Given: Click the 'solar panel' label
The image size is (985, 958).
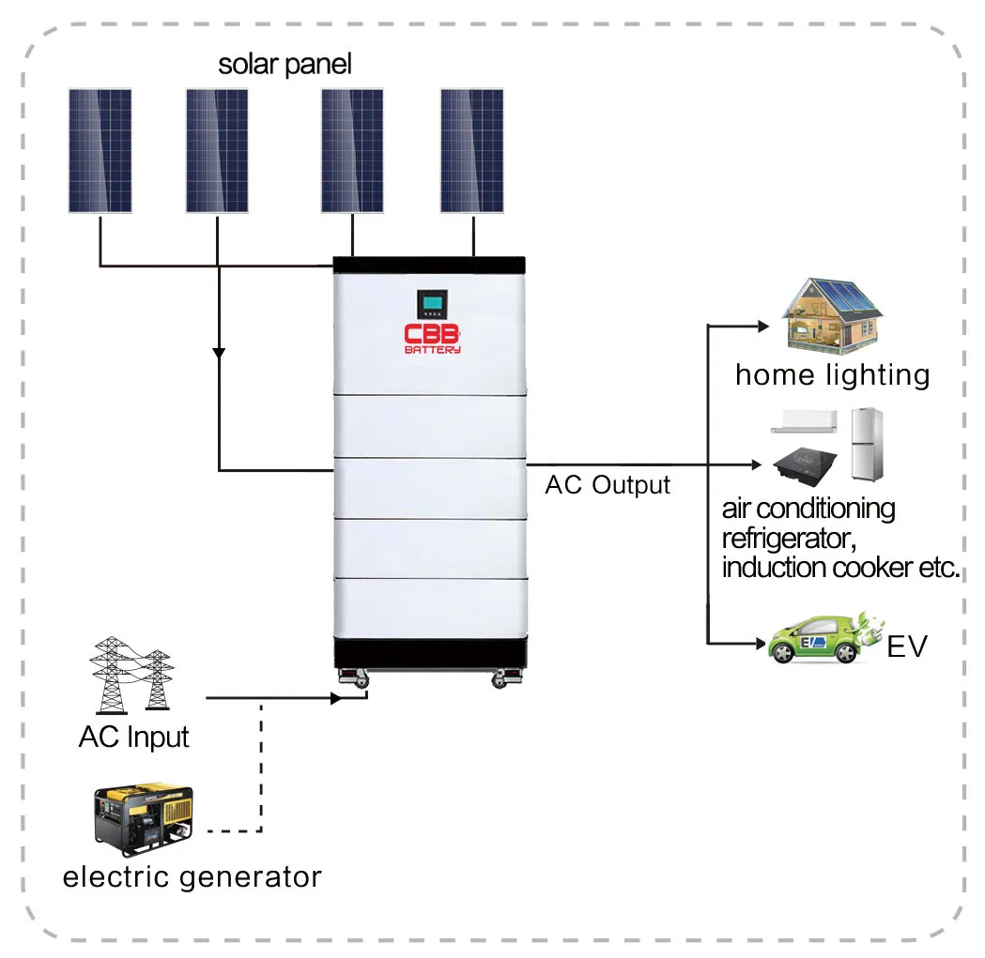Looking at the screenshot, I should coord(285,65).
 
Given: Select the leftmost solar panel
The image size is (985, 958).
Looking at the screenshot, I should coord(100,151).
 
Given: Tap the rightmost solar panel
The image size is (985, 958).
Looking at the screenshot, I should coord(471,151).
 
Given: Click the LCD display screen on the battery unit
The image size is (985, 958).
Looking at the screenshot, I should coord(433,303).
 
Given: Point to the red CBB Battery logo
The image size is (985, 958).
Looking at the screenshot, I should coord(432,339).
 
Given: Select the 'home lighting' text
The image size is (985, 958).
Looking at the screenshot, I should coord(832,375).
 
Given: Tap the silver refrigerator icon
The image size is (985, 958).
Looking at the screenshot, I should coord(868,444).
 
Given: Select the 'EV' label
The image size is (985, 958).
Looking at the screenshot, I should coord(907,647).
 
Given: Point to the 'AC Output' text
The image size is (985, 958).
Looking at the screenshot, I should coord(608,485).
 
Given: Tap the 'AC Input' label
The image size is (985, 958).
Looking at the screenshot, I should coord(133,737).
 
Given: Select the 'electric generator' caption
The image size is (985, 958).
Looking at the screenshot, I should coord(192,877).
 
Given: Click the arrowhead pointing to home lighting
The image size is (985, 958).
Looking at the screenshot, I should coord(762,327).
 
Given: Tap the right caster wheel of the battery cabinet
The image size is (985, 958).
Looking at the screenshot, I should coord(499,677).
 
